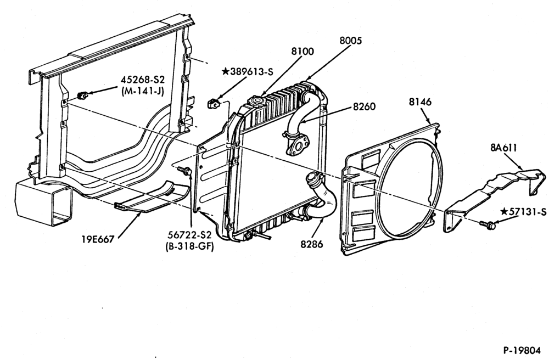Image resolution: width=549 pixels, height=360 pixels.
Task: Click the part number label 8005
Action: (x=350, y=41)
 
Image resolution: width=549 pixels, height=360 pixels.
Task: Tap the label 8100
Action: (x=302, y=52)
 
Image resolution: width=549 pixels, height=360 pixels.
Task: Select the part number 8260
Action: (x=364, y=106)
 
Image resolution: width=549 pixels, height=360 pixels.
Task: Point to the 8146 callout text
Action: (x=420, y=102)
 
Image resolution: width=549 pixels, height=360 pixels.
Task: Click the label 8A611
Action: (x=503, y=148)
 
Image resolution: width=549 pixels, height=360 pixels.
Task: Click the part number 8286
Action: (x=312, y=244)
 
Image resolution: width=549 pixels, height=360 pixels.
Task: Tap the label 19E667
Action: (x=98, y=239)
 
